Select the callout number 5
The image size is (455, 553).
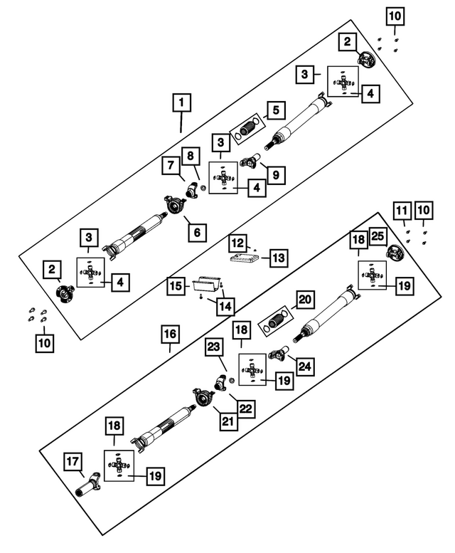point(276,110)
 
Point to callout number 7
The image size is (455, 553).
point(171,166)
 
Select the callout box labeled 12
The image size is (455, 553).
point(237,243)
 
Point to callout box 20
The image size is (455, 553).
point(304,300)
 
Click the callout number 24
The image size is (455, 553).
point(304,367)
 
